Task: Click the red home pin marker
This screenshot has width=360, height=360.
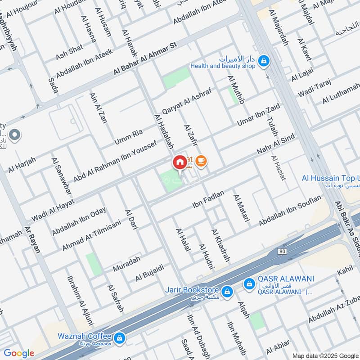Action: click(179, 162)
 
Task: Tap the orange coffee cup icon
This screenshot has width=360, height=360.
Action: click(201, 161)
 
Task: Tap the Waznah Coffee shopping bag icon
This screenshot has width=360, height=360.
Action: click(119, 337)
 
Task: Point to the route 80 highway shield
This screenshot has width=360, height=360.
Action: click(282, 251)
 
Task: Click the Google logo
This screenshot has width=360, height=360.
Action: click(19, 353)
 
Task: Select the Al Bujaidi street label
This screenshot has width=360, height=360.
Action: click(149, 274)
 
